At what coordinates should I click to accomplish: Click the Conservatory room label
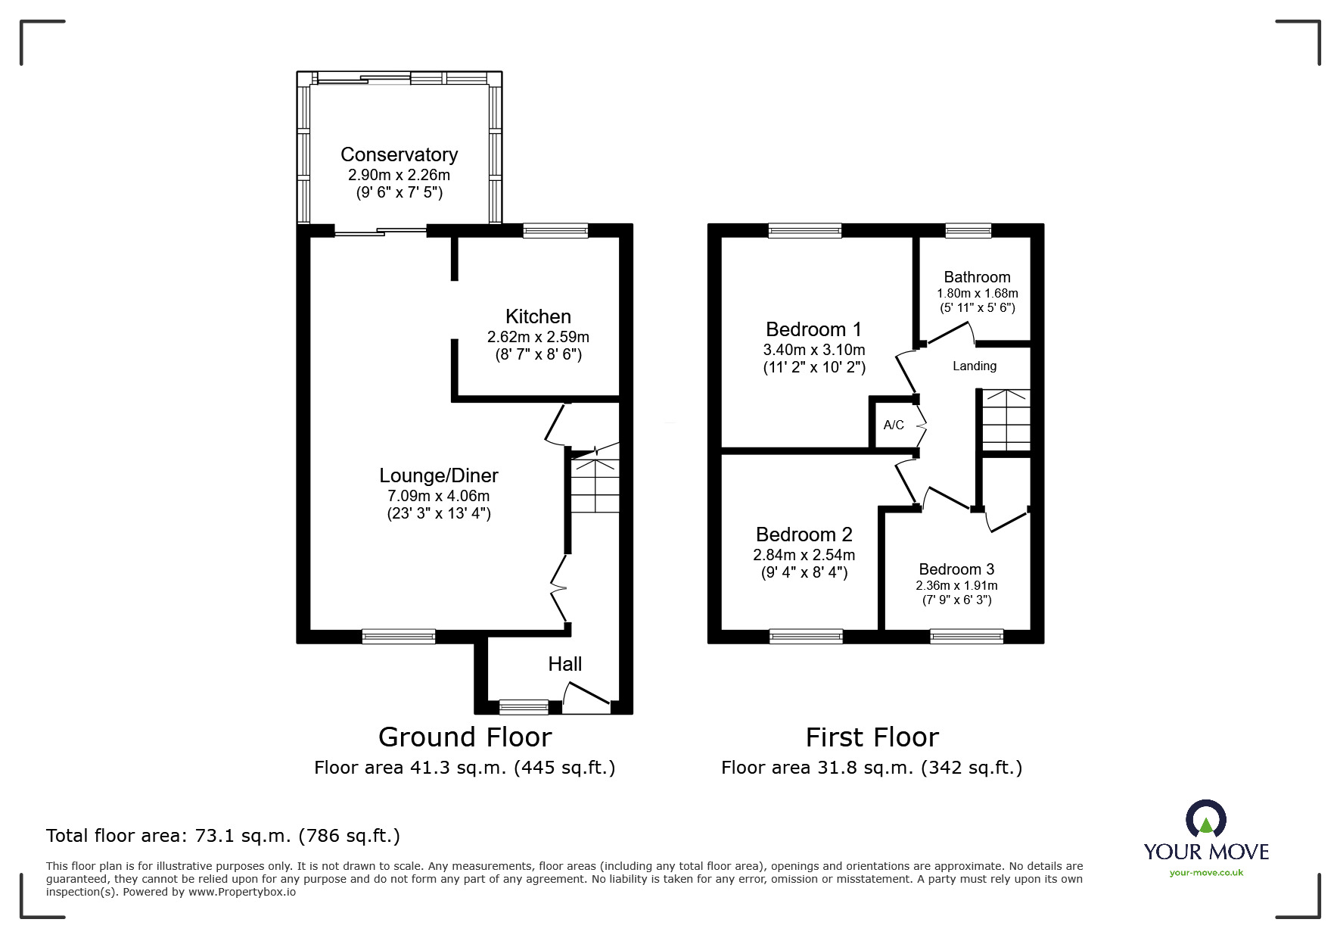[400, 155]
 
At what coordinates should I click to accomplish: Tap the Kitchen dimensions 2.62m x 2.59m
[538, 337]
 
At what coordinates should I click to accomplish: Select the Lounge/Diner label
[439, 475]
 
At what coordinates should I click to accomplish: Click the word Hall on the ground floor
[565, 664]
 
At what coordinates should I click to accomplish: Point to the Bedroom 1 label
[813, 329]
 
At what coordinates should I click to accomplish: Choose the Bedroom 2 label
[804, 534]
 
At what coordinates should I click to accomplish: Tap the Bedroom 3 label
[956, 569]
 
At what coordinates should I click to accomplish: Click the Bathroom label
[977, 277]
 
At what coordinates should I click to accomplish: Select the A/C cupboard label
[894, 425]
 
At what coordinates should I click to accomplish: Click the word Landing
[975, 366]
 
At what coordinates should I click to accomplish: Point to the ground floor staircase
[595, 481]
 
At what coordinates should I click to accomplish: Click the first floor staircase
[1006, 420]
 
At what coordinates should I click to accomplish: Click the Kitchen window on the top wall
[555, 231]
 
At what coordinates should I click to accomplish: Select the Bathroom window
[968, 231]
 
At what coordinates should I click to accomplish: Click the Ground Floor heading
[465, 737]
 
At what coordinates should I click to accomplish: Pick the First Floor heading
[872, 737]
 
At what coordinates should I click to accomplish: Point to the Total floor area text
[223, 836]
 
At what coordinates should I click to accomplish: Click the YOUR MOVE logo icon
[1206, 819]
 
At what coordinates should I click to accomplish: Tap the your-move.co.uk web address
[1206, 873]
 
